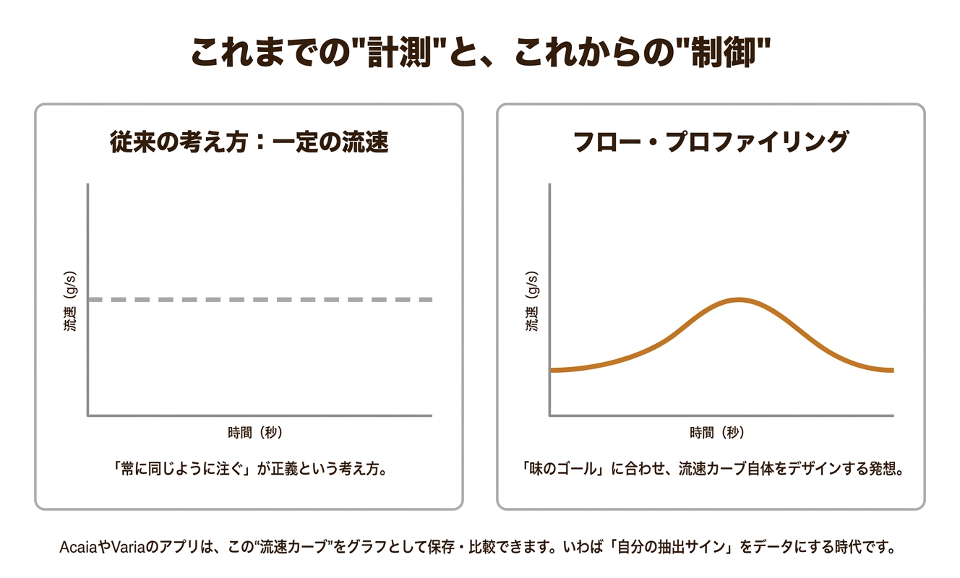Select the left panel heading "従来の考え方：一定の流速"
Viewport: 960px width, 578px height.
(249, 142)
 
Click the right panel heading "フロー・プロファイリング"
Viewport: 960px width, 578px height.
(710, 142)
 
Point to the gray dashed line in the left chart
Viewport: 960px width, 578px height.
(260, 299)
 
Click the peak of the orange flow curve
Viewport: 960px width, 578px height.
(738, 299)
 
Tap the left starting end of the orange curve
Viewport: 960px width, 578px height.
(552, 370)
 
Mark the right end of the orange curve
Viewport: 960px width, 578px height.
(892, 370)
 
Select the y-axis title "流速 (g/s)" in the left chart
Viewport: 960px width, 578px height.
(69, 299)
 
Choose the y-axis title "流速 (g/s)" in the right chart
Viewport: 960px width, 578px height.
(532, 299)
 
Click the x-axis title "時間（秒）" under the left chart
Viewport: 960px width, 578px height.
(254, 433)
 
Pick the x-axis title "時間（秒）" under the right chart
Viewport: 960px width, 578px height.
(717, 433)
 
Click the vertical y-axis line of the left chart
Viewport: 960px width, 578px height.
(87, 299)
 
